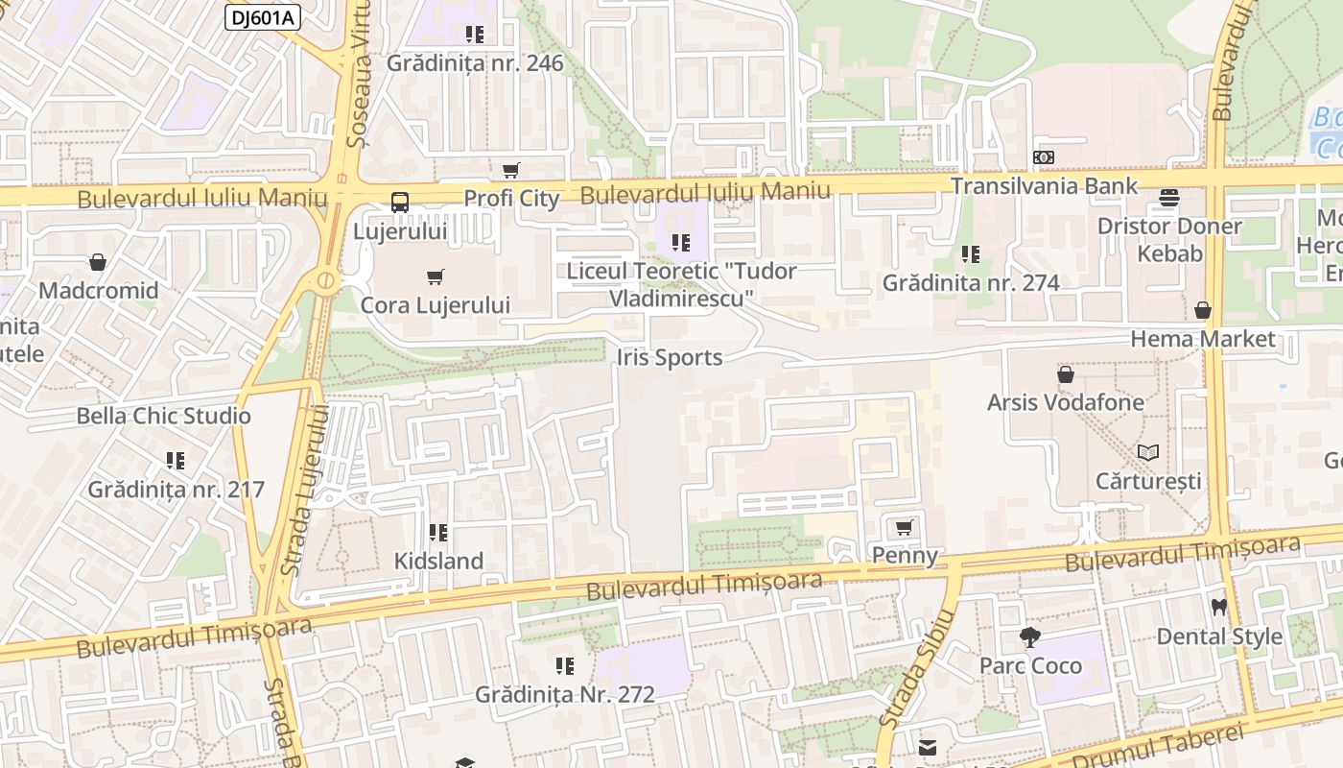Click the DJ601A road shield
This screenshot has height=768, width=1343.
tap(263, 16)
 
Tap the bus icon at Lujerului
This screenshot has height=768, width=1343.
tap(400, 203)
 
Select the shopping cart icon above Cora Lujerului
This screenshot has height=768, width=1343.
tap(436, 277)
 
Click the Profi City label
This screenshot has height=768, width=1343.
tap(511, 199)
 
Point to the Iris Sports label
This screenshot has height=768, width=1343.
tap(669, 358)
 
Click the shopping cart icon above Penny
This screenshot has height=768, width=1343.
tap(904, 527)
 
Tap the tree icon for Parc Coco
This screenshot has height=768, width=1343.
tap(1030, 636)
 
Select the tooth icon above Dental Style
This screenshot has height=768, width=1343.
tap(1219, 607)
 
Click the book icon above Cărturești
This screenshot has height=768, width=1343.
tap(1148, 452)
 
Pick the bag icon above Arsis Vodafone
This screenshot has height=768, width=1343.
tap(1065, 374)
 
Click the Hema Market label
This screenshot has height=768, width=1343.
tap(1203, 339)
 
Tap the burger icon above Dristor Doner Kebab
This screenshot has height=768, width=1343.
tap(1168, 198)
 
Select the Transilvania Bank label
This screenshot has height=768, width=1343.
tap(1044, 185)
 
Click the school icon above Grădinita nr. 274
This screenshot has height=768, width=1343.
tap(971, 254)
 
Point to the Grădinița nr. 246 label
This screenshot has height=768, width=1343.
tap(475, 63)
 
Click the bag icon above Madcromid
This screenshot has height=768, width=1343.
tap(97, 262)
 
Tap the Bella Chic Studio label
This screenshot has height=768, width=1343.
tap(163, 416)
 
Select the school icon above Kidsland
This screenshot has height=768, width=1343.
tap(438, 532)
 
